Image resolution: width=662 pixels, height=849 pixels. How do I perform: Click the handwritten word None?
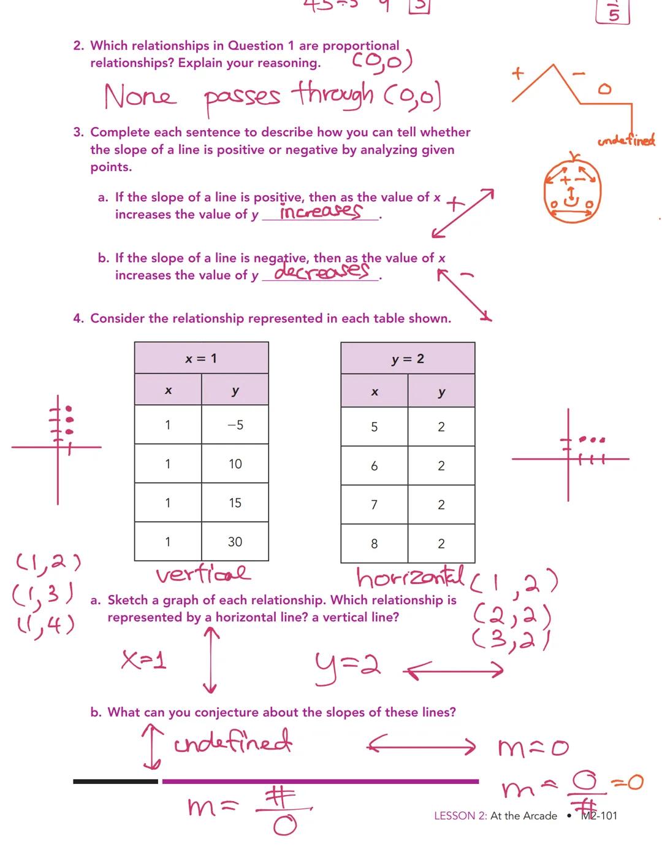[x=140, y=96]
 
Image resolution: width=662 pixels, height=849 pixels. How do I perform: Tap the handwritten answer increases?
[x=320, y=212]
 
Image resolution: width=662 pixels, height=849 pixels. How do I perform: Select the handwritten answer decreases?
[x=322, y=271]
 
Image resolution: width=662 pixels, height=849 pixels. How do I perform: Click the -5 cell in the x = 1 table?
[x=235, y=424]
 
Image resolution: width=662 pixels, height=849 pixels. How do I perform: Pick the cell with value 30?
[x=235, y=542]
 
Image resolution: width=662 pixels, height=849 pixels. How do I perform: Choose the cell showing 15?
[x=235, y=503]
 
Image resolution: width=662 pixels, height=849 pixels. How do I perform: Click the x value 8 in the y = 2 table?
[x=374, y=544]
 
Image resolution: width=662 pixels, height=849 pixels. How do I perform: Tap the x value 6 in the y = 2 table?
[x=374, y=466]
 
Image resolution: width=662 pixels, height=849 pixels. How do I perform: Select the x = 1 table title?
[x=201, y=358]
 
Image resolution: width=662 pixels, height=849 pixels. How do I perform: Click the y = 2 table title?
[x=408, y=359]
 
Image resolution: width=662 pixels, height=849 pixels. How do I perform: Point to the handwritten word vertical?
[x=203, y=575]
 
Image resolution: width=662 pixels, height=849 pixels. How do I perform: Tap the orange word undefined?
[x=626, y=141]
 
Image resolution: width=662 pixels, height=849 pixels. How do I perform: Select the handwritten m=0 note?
[x=533, y=748]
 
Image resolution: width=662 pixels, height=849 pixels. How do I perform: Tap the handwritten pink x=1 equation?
[x=144, y=660]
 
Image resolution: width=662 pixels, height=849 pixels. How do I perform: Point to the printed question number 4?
[x=78, y=318]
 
